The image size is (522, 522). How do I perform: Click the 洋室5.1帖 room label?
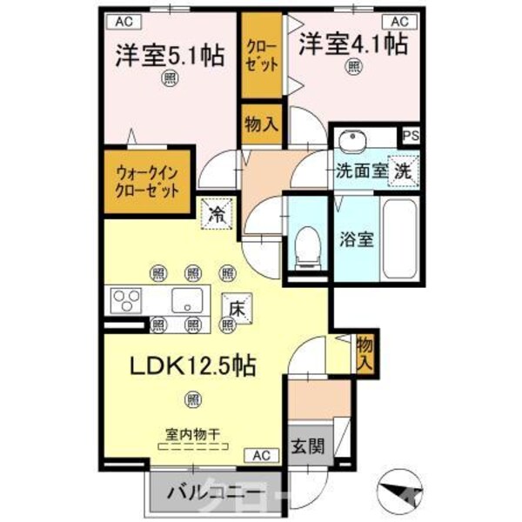tap(171, 54)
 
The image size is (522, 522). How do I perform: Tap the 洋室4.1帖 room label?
tap(353, 43)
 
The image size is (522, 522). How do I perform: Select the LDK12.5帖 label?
tap(192, 366)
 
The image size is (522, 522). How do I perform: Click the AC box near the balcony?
tap(262, 454)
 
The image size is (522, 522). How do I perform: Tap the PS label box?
tap(409, 137)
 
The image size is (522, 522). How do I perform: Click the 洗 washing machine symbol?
tap(404, 171)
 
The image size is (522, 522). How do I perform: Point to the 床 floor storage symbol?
tap(236, 307)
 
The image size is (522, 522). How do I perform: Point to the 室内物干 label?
tap(192, 432)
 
